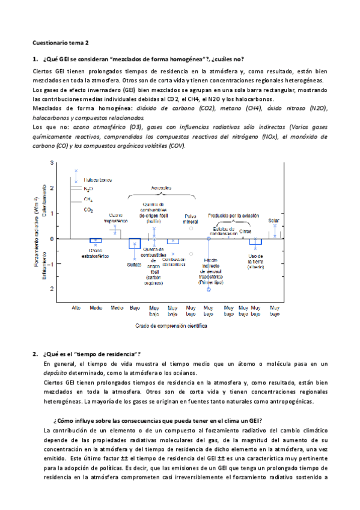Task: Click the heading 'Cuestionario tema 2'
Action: tap(60, 43)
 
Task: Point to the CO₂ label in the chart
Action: tap(88, 210)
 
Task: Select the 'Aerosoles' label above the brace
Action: tap(160, 187)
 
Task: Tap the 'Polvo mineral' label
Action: tap(191, 218)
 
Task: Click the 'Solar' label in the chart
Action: tap(274, 220)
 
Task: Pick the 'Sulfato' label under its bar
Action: tap(134, 265)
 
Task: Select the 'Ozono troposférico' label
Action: tap(115, 218)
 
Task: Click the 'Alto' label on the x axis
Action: tap(76, 307)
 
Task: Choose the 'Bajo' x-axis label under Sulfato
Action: tap(135, 307)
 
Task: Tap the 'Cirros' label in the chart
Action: tap(245, 231)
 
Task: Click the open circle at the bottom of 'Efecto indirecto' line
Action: tap(209, 290)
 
